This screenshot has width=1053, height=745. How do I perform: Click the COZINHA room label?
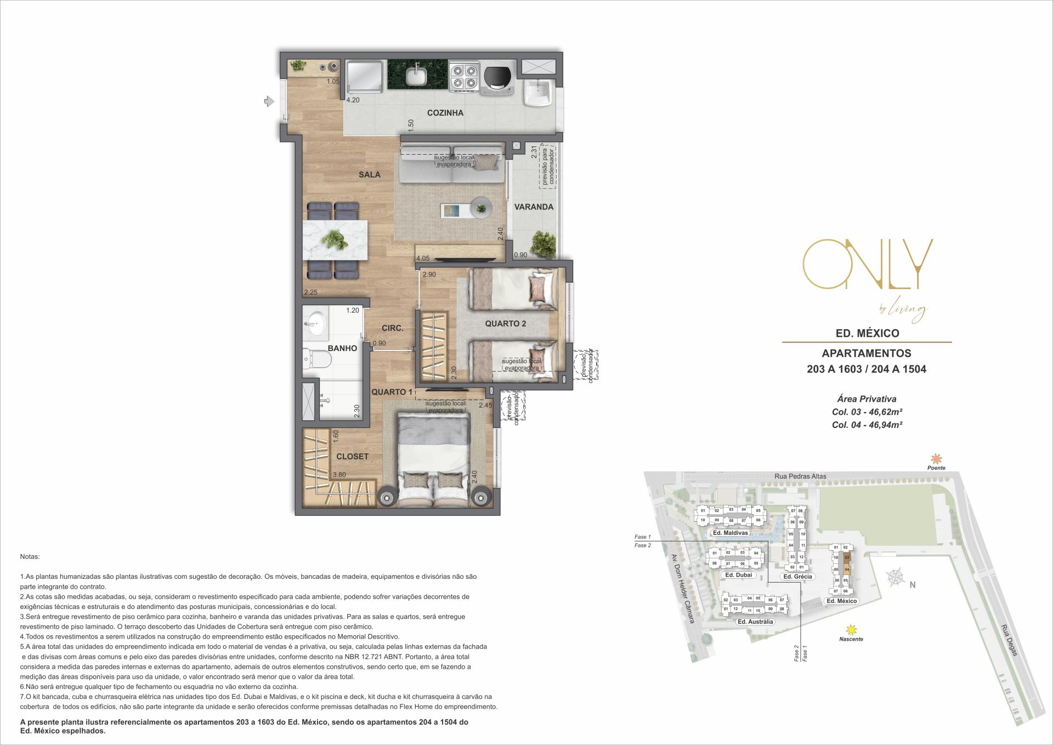445,113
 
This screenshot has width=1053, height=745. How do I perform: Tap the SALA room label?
369,174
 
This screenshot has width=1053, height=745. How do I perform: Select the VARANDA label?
533,207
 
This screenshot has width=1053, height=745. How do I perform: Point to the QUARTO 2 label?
505,324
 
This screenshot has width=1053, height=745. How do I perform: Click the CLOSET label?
352,456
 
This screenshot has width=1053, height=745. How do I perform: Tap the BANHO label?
342,348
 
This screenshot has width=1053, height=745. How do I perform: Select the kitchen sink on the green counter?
417,75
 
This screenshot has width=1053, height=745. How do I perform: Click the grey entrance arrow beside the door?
269,101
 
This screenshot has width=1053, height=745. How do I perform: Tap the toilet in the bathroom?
318,360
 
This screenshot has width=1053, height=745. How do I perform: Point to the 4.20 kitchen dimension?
353,100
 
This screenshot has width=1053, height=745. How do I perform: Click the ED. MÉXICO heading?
867,333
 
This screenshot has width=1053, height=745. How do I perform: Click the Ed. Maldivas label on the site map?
730,533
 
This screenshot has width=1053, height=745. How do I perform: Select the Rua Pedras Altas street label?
800,476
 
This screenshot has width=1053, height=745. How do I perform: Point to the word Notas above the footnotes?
30,557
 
